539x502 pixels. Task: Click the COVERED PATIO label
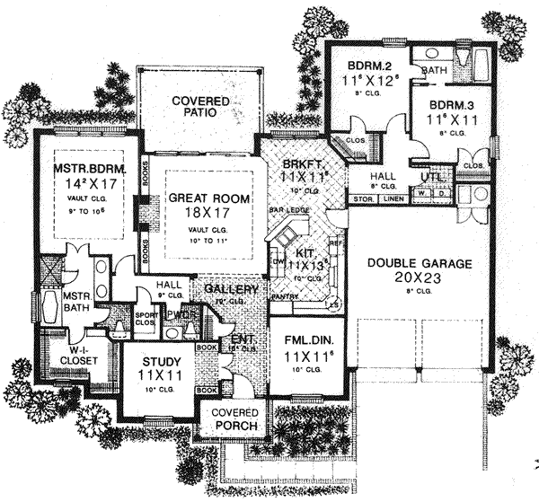tap(201, 109)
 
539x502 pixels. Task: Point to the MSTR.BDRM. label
tap(88, 168)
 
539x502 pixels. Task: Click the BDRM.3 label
tap(451, 103)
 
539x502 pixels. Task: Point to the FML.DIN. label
tap(305, 340)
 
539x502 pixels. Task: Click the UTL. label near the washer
tap(429, 178)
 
